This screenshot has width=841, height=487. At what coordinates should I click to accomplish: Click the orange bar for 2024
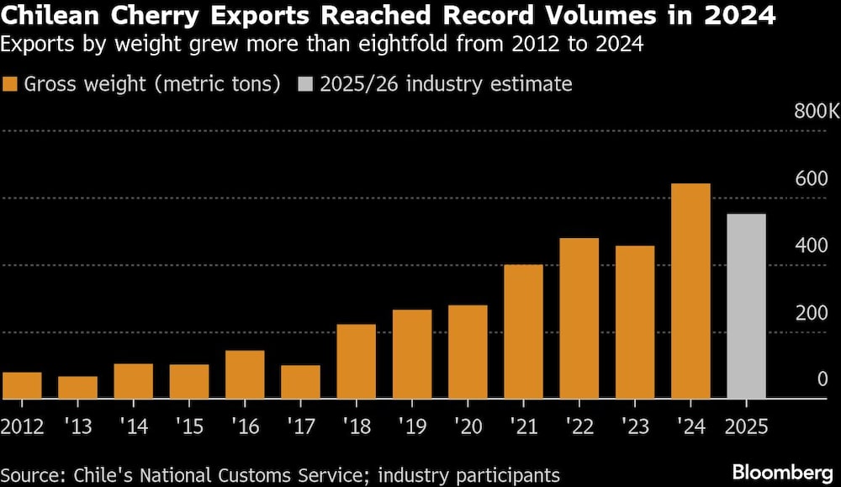pyautogui.click(x=690, y=291)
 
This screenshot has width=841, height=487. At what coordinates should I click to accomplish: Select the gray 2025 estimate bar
pyautogui.click(x=746, y=306)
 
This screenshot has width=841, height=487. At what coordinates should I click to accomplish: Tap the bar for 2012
pyautogui.click(x=22, y=385)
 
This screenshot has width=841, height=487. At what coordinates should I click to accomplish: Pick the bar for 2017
pyautogui.click(x=300, y=382)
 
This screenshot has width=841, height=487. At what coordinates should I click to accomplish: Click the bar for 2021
pyautogui.click(x=523, y=331)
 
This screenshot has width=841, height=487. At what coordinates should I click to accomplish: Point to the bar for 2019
pyautogui.click(x=412, y=354)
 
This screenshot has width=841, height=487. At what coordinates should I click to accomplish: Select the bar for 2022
pyautogui.click(x=579, y=318)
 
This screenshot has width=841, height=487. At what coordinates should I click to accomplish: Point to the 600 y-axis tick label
pyautogui.click(x=812, y=178)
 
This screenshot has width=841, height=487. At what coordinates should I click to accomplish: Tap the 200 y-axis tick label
pyautogui.click(x=812, y=313)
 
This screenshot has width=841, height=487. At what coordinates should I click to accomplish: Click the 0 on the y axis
pyautogui.click(x=822, y=380)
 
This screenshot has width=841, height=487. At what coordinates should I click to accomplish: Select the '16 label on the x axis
pyautogui.click(x=245, y=426)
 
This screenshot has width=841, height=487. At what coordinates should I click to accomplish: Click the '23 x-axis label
pyautogui.click(x=635, y=426)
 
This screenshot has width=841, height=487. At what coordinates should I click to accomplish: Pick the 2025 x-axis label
pyautogui.click(x=747, y=426)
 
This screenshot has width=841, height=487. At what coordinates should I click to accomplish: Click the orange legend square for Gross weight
pyautogui.click(x=11, y=84)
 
